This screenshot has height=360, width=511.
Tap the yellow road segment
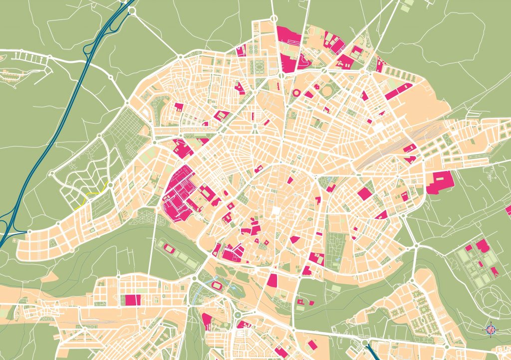[x=90, y=196]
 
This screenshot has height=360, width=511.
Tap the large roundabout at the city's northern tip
[x=273, y=18]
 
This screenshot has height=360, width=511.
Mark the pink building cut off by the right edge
[x=509, y=210]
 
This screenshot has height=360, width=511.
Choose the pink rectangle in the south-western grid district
[x=133, y=300]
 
